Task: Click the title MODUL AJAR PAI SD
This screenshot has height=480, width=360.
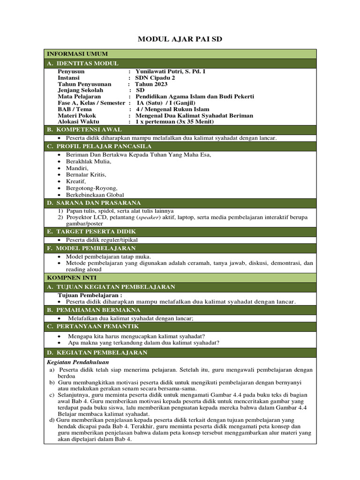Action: click(180, 39)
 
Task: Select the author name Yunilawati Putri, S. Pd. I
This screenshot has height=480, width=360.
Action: click(171, 71)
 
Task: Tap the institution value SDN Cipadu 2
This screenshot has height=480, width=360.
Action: click(155, 78)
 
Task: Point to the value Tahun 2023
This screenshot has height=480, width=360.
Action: click(151, 84)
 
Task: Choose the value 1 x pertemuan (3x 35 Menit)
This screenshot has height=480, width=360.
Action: click(174, 121)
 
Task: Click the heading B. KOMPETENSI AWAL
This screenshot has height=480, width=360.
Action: click(84, 129)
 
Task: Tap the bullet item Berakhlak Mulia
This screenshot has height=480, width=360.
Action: click(89, 161)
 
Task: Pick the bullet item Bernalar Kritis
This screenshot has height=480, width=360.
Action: click(86, 174)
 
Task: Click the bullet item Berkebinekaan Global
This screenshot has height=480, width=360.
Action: click(95, 195)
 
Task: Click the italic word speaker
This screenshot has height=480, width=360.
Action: click(149, 217)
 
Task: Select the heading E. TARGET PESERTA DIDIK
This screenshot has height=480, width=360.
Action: click(91, 232)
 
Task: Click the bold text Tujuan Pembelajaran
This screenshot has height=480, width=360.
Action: click(90, 295)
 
